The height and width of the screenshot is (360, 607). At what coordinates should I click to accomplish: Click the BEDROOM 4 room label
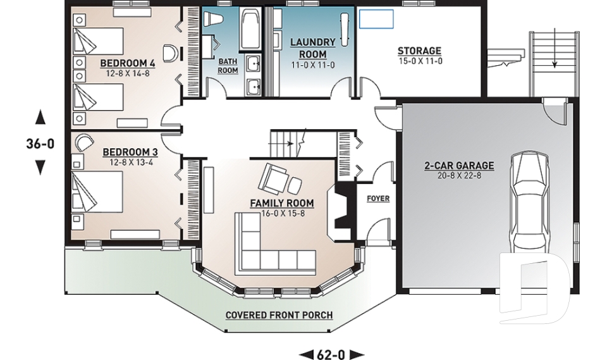point(128,63)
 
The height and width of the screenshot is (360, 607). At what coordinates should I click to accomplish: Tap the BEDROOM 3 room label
point(130,152)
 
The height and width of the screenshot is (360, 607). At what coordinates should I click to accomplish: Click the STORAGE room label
point(419,51)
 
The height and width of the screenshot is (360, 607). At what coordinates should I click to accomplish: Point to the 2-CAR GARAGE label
point(459,166)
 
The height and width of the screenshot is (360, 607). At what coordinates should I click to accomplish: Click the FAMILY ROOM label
point(282,203)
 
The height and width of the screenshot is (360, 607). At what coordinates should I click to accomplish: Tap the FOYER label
point(378,198)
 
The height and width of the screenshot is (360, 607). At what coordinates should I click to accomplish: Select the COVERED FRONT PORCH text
point(279,315)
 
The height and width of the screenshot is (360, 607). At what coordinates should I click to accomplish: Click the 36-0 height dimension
point(40,144)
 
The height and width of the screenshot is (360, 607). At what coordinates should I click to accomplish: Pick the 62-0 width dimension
point(331,354)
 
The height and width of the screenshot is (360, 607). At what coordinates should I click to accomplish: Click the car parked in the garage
point(532,202)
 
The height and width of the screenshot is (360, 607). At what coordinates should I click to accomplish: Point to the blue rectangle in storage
point(376,19)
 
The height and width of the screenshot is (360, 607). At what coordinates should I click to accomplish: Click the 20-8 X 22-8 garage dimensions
point(459,176)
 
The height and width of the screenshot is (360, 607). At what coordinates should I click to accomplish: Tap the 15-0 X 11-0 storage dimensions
point(419,61)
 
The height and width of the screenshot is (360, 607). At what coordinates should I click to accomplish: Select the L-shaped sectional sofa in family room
point(266,253)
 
